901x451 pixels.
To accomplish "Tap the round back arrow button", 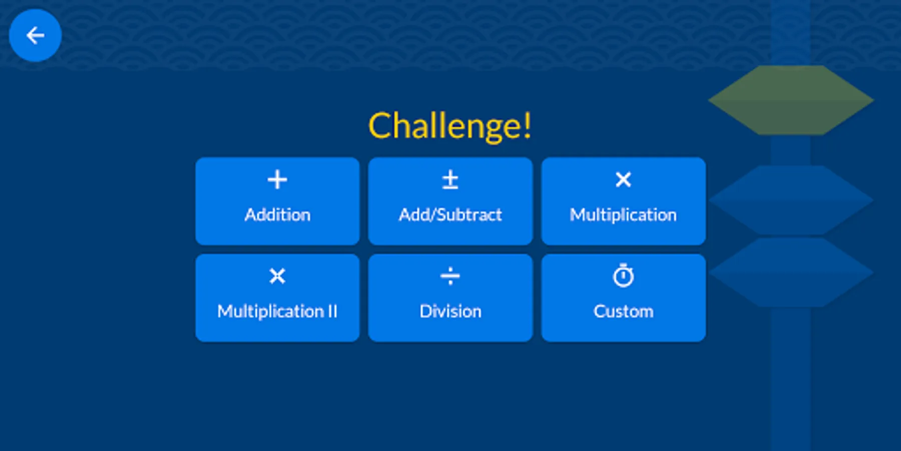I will [35, 36].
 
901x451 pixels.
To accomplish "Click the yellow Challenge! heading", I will [449, 126].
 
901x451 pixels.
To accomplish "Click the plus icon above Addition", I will [277, 179].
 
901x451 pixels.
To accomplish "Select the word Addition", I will [277, 215].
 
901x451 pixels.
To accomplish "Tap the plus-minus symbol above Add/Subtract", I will [450, 179].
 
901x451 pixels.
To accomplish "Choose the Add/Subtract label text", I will [450, 215].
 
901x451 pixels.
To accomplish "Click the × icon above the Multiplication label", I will [623, 179].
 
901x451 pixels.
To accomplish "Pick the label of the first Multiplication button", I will [623, 215].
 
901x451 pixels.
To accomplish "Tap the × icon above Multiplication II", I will [277, 276].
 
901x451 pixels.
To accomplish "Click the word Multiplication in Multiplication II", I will [271, 312].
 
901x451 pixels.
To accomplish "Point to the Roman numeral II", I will [332, 312].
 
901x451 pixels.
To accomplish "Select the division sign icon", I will [450, 276].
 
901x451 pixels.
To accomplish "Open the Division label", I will [450, 312].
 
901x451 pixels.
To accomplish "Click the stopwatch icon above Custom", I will [623, 276].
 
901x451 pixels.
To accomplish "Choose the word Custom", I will [623, 312].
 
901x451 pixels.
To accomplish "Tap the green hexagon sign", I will [791, 100].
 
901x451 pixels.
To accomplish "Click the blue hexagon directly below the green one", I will [791, 199].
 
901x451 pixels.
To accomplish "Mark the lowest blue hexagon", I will [791, 272].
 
